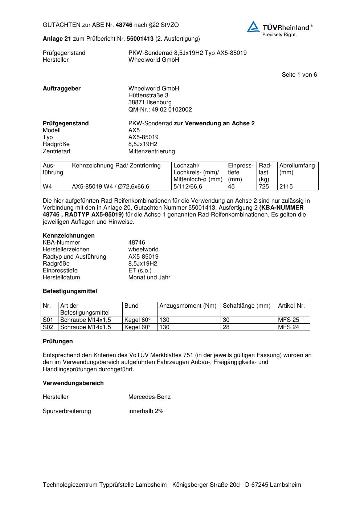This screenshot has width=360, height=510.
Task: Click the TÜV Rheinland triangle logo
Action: (253, 27)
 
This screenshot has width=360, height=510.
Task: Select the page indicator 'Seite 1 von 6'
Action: (299, 75)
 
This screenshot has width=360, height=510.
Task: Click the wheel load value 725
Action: (263, 187)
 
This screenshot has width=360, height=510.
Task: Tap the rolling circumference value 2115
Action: (286, 187)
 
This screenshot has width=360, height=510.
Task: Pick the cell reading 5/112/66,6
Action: (188, 187)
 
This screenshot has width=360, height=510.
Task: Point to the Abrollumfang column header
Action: (297, 166)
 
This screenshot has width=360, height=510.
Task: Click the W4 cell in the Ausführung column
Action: (48, 187)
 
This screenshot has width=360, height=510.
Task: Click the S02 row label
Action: (48, 327)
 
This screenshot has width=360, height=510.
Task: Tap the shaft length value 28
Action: (226, 327)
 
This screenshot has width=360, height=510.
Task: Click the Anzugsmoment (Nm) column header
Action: (188, 306)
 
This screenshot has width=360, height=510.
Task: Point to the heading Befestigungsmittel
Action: (70, 291)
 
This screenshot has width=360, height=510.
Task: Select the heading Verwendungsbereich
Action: (73, 383)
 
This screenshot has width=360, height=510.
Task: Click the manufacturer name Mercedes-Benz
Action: (149, 397)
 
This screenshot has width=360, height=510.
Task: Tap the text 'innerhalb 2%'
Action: (146, 411)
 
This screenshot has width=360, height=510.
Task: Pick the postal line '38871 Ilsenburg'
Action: (150, 102)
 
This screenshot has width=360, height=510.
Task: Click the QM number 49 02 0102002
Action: (160, 110)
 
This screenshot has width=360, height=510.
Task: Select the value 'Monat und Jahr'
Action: (149, 278)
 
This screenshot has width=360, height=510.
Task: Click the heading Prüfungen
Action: (58, 341)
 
